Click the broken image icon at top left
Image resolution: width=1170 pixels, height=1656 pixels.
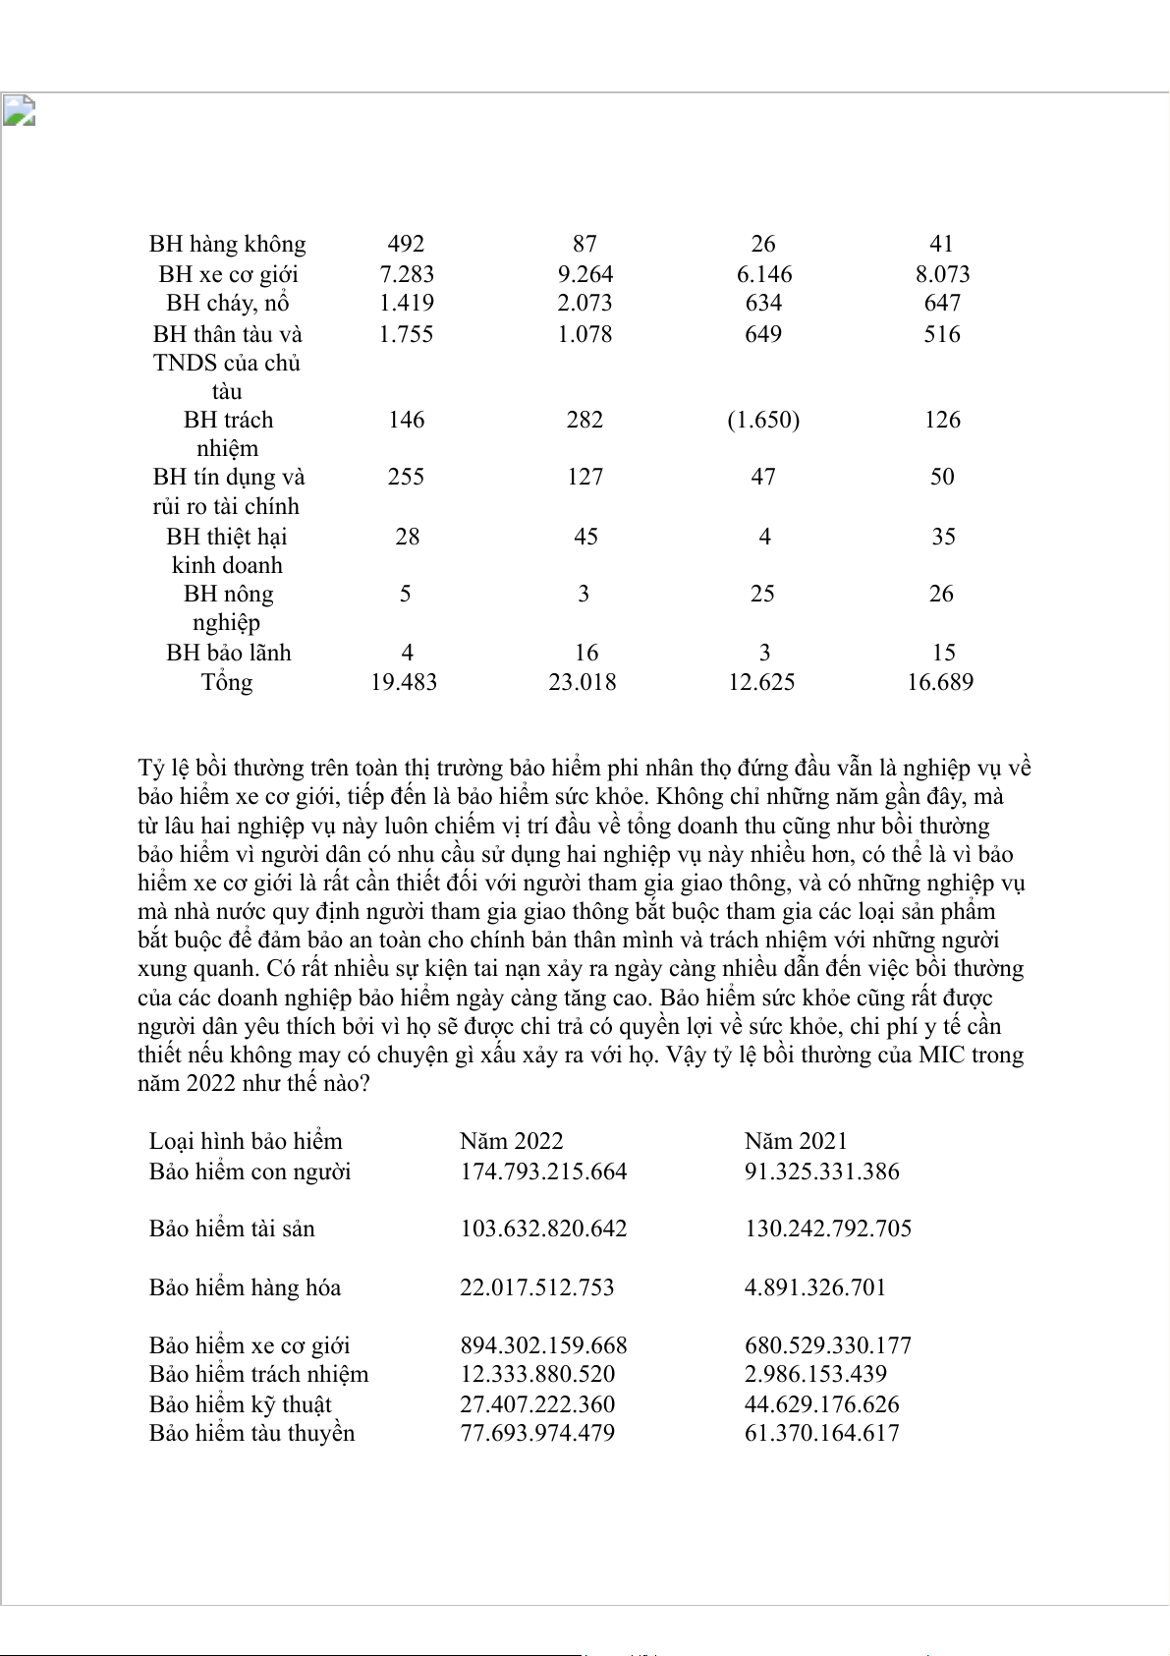coord(19,111)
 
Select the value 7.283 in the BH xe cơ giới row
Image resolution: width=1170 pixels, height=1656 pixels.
coord(407,274)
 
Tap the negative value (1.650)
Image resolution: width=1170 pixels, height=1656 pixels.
coord(763,420)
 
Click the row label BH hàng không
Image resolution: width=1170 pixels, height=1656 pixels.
coord(227,244)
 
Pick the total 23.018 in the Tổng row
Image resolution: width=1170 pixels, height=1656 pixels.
coord(583,682)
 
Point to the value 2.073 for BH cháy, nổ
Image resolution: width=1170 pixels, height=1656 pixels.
coord(585,303)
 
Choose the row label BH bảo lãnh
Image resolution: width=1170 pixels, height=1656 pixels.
coord(228,653)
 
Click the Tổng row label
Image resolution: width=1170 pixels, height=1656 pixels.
coord(227,682)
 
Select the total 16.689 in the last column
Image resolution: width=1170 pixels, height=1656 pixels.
coord(940,682)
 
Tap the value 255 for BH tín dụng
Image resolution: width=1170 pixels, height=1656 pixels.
coord(406,477)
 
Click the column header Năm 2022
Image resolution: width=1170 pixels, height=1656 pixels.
coord(511,1141)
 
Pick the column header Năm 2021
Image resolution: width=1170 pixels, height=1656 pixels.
coord(796,1141)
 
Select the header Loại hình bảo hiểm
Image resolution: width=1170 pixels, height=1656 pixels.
coord(246,1141)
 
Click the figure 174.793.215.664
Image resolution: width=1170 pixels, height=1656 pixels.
coord(543,1171)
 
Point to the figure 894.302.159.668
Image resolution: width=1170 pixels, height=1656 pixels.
coord(543,1345)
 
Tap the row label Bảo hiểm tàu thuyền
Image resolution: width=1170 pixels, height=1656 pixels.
coord(251,1433)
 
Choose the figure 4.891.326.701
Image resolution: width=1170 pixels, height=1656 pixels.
coord(815,1287)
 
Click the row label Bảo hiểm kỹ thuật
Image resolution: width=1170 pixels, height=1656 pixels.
coord(240,1404)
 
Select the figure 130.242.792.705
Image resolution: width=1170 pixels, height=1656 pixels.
coord(828,1228)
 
